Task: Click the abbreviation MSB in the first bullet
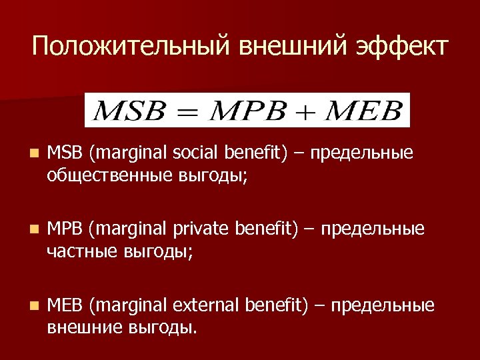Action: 65,153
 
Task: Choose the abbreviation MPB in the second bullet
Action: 65,229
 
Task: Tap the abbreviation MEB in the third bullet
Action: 65,306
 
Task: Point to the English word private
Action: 201,229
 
